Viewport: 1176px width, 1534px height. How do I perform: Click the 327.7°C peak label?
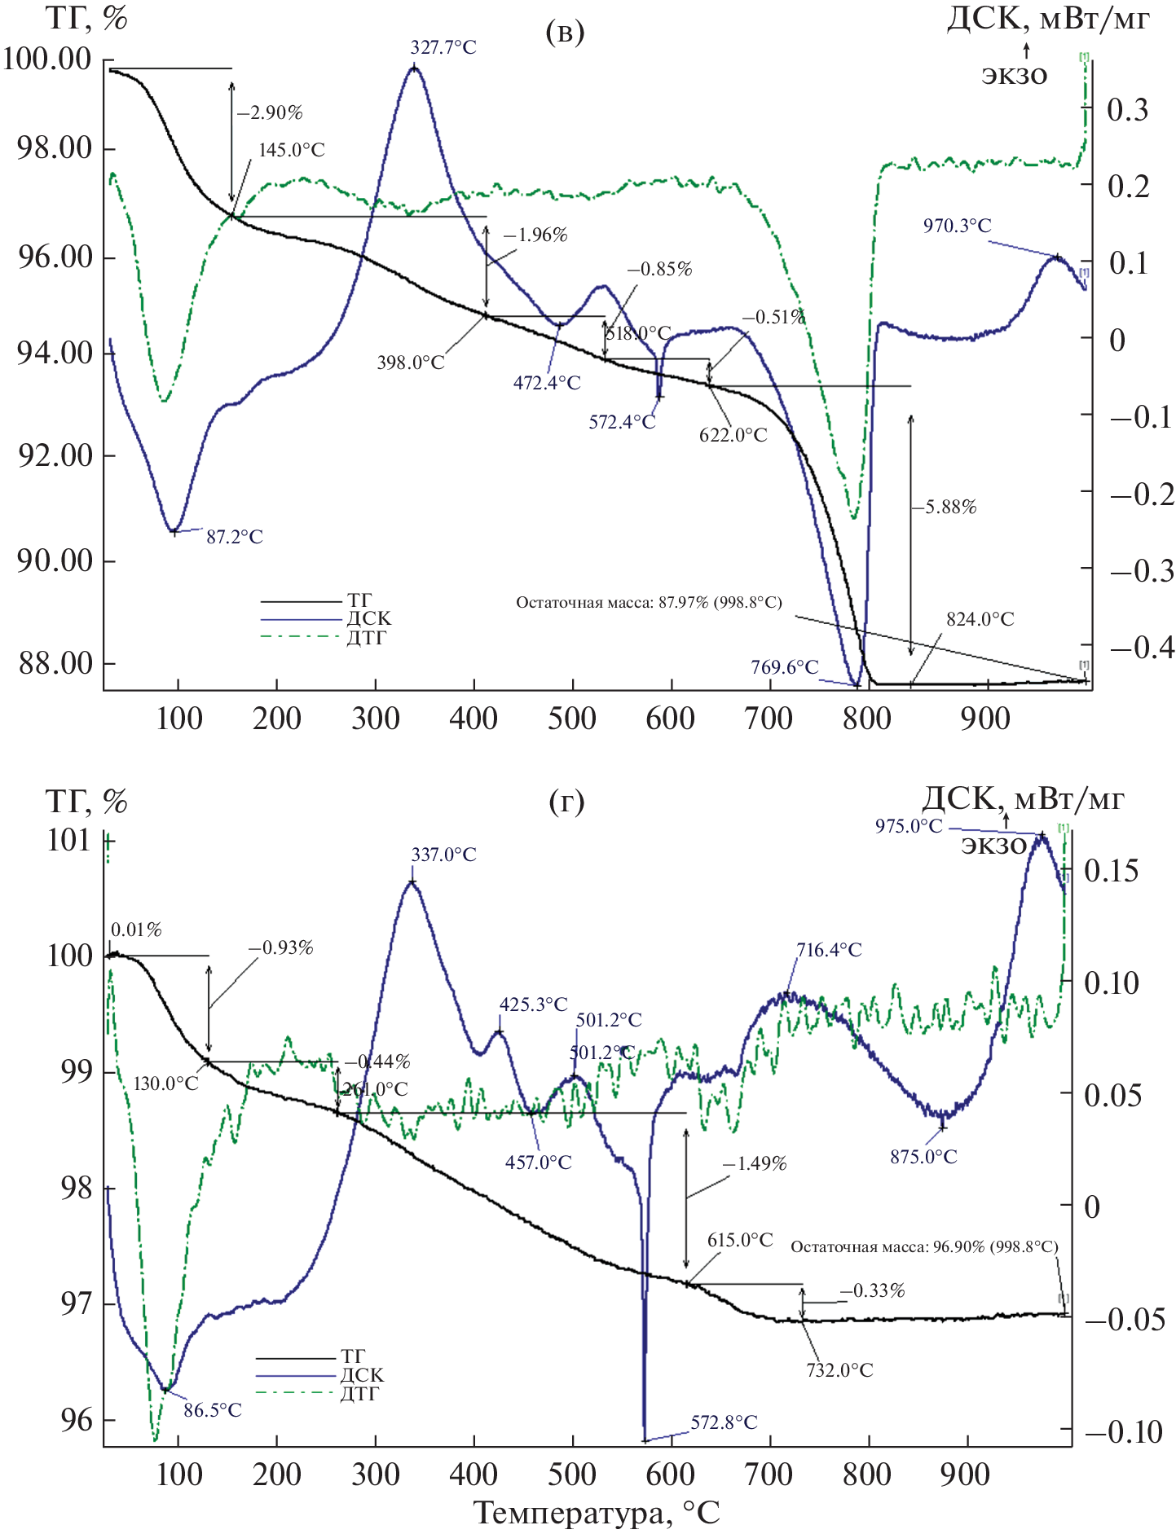[x=443, y=48]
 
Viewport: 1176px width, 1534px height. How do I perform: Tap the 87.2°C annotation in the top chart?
[x=234, y=537]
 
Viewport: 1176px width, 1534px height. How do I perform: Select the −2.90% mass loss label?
[x=270, y=113]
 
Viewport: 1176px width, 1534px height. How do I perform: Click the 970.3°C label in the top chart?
[x=957, y=226]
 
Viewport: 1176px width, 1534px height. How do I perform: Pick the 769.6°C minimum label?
[x=784, y=668]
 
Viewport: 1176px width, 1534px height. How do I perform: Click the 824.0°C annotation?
[x=980, y=620]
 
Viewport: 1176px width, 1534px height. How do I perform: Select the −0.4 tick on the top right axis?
[x=1142, y=648]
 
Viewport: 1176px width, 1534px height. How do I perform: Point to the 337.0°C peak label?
[x=443, y=855]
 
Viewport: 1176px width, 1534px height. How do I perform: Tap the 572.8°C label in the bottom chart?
[x=724, y=1422]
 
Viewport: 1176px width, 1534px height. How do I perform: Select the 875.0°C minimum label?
[x=923, y=1157]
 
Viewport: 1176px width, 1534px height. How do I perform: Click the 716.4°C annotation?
[x=829, y=950]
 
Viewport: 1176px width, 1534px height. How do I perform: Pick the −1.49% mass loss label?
[x=754, y=1163]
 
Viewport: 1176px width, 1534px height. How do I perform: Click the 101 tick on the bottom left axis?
[x=68, y=840]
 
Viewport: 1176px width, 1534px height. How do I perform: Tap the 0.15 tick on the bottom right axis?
[x=1111, y=871]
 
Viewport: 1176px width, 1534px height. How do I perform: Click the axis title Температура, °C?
[x=597, y=1513]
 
